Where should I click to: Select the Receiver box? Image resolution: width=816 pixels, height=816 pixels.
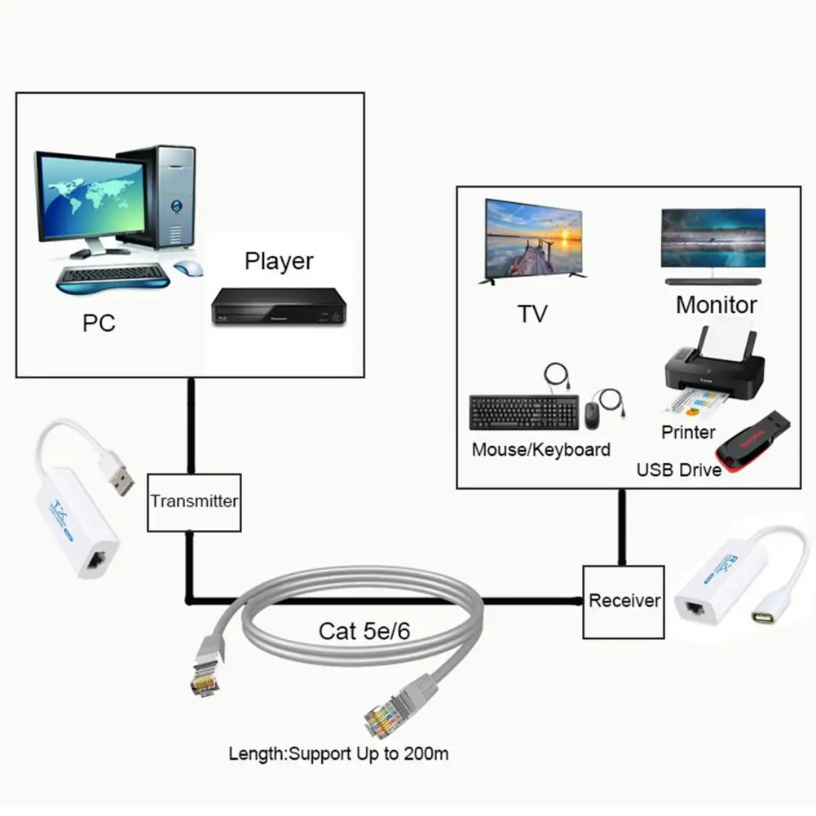(624, 602)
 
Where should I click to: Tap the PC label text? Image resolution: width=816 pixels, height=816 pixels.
(99, 323)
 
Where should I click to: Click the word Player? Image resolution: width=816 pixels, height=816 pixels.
(279, 262)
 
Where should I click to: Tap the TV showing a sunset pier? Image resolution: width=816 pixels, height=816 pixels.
(534, 239)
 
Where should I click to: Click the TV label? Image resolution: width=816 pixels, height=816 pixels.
(532, 314)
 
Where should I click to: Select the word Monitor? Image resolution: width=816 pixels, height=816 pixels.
(717, 305)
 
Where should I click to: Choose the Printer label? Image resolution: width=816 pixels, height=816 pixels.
(688, 432)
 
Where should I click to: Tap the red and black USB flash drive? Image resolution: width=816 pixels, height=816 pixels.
(754, 445)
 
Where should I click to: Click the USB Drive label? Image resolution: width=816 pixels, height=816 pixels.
(678, 470)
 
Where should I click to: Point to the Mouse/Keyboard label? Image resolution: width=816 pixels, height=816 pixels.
(540, 449)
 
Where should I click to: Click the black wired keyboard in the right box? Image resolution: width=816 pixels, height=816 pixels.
(523, 412)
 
